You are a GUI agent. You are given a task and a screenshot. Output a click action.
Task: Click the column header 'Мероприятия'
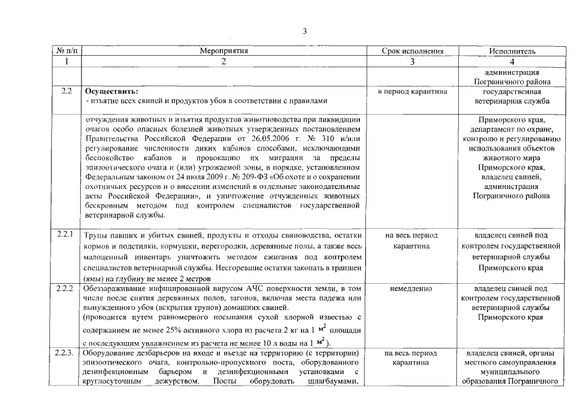point(224,51)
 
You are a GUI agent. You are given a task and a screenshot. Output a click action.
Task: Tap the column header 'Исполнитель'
point(512,51)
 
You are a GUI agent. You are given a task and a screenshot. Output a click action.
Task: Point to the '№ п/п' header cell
point(67,51)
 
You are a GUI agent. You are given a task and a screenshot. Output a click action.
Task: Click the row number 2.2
point(66,91)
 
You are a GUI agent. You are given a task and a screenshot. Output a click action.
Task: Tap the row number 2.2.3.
point(68,353)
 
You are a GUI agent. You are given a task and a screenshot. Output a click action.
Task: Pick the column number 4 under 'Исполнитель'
point(512,61)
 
